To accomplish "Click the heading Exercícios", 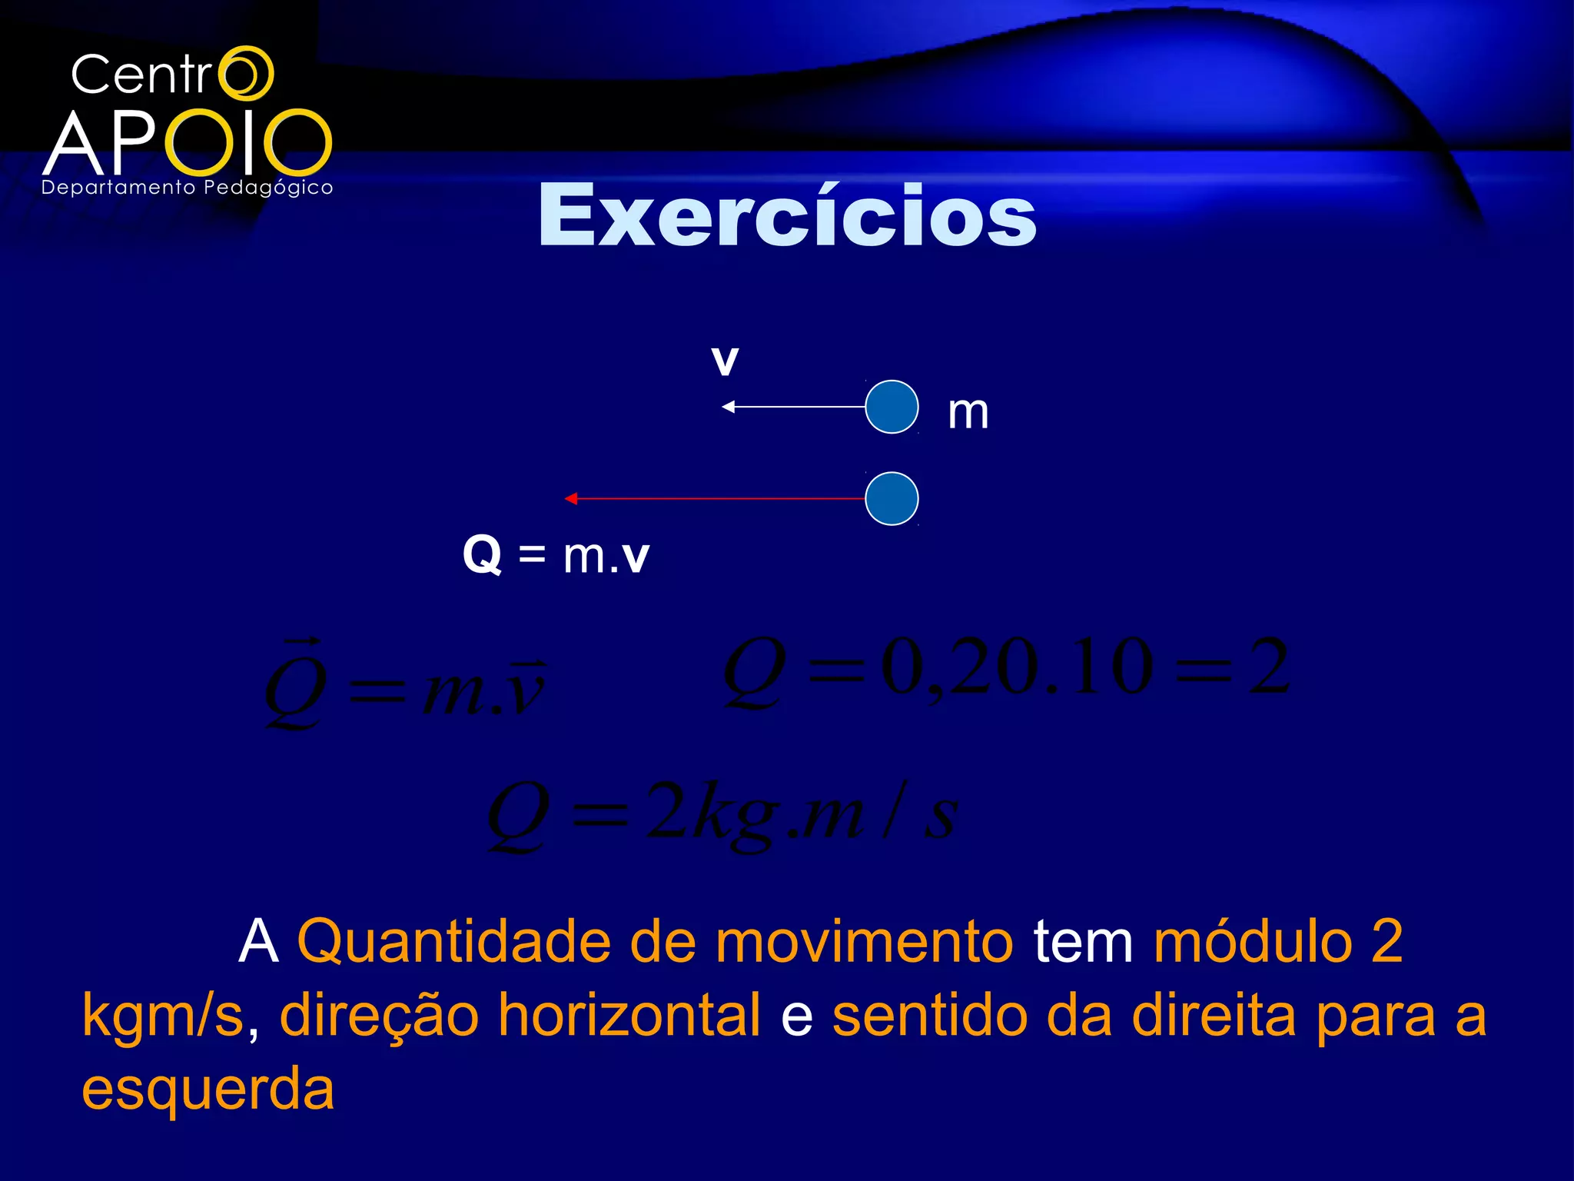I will pyautogui.click(x=787, y=217).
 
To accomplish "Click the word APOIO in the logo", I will pyautogui.click(x=188, y=143).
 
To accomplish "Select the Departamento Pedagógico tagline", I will pyautogui.click(x=187, y=188).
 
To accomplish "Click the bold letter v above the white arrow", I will pyautogui.click(x=725, y=361).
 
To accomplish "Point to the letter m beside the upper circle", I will pyautogui.click(x=968, y=413).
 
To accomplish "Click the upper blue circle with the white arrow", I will pyautogui.click(x=892, y=407).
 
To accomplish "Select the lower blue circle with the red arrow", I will pyautogui.click(x=892, y=499).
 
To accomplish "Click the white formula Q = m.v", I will pyautogui.click(x=556, y=554).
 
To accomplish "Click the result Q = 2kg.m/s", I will pyautogui.click(x=722, y=815).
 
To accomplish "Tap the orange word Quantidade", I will pyautogui.click(x=453, y=942).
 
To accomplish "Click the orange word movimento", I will pyautogui.click(x=865, y=942).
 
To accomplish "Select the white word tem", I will pyautogui.click(x=1083, y=942).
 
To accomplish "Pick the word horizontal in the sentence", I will pyautogui.click(x=629, y=1016).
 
